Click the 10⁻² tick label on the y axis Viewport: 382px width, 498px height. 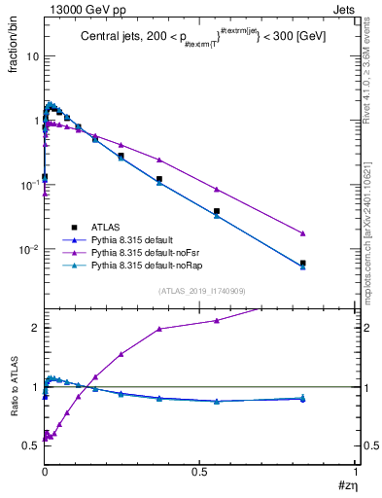click(30, 249)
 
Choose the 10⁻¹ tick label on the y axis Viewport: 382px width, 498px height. click(30, 185)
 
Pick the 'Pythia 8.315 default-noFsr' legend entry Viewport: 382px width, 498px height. click(146, 252)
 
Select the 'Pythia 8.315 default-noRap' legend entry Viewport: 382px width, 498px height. click(147, 266)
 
